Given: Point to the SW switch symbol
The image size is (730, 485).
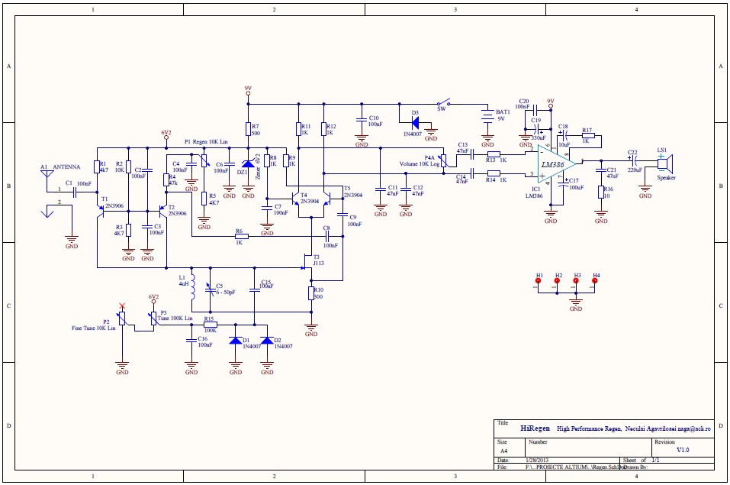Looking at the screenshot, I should [x=442, y=103].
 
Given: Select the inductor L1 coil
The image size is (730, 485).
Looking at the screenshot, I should [x=192, y=288].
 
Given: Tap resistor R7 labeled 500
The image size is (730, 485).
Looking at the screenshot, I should [x=247, y=129].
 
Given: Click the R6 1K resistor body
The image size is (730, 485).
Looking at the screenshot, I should [x=241, y=237].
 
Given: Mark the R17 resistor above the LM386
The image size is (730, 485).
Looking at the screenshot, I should [x=587, y=135].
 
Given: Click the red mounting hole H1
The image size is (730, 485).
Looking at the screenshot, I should [x=539, y=281].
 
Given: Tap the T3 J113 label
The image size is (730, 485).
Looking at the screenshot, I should [x=317, y=260].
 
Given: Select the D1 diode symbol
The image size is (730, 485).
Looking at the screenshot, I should [x=236, y=341].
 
